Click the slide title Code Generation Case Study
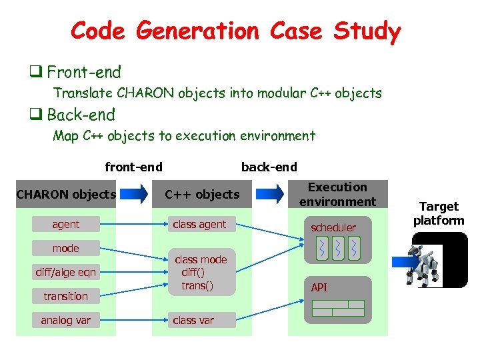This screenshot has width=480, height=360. pyautogui.click(x=235, y=31)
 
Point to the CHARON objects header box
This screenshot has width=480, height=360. pyautogui.click(x=66, y=195)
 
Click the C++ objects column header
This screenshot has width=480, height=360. pyautogui.click(x=202, y=195)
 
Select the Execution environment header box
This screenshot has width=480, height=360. pyautogui.click(x=337, y=194)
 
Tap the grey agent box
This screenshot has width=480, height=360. pyautogui.click(x=66, y=225)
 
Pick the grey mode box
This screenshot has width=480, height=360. pyautogui.click(x=66, y=248)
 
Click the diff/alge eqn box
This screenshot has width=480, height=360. pyautogui.click(x=66, y=272)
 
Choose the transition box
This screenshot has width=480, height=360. pyautogui.click(x=66, y=296)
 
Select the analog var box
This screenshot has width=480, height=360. pyautogui.click(x=66, y=320)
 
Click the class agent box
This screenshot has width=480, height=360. pyautogui.click(x=200, y=225)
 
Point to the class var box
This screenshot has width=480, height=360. pyautogui.click(x=194, y=320)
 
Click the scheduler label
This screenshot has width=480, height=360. pyautogui.click(x=333, y=227)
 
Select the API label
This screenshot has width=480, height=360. pyautogui.click(x=319, y=287)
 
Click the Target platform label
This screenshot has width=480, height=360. pyautogui.click(x=438, y=213)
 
